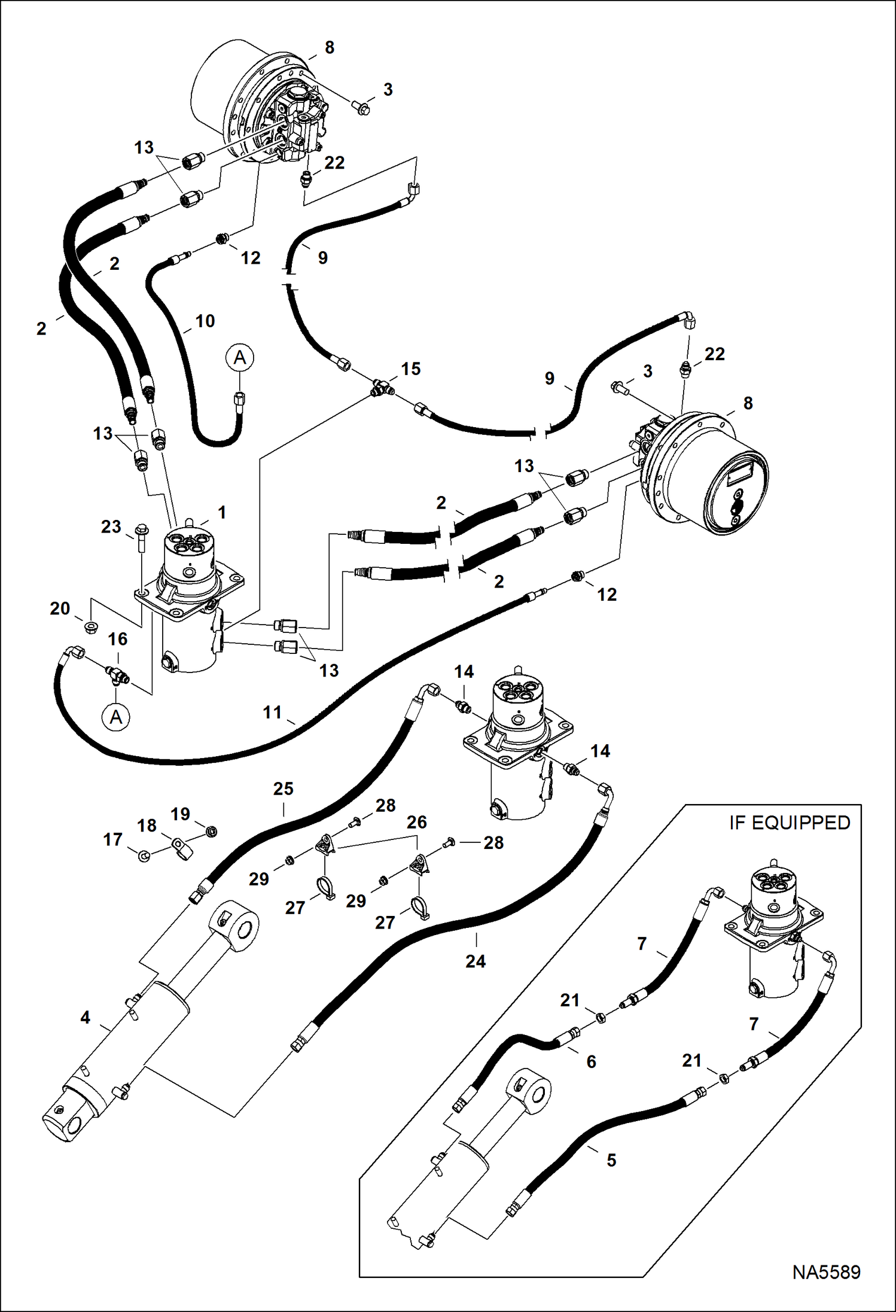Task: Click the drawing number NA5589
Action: click(826, 1271)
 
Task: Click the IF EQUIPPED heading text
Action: click(789, 823)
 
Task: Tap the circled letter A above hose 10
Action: click(240, 358)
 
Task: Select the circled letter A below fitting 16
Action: click(116, 717)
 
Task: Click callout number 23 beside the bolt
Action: click(111, 526)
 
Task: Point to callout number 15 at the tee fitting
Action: click(410, 369)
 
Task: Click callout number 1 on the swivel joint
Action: click(222, 512)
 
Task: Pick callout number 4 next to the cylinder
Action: click(86, 1017)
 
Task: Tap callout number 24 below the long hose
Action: click(476, 961)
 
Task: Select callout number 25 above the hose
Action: click(283, 789)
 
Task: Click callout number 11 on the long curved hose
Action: click(272, 712)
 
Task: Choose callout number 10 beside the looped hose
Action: click(205, 321)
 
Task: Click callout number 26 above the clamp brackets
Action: click(416, 822)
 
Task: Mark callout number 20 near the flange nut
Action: click(60, 608)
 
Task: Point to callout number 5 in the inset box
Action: click(611, 1160)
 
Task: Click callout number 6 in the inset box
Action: click(591, 1061)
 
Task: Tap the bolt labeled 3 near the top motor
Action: click(362, 108)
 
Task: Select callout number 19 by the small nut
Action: click(180, 814)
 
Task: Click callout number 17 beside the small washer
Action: click(112, 839)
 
